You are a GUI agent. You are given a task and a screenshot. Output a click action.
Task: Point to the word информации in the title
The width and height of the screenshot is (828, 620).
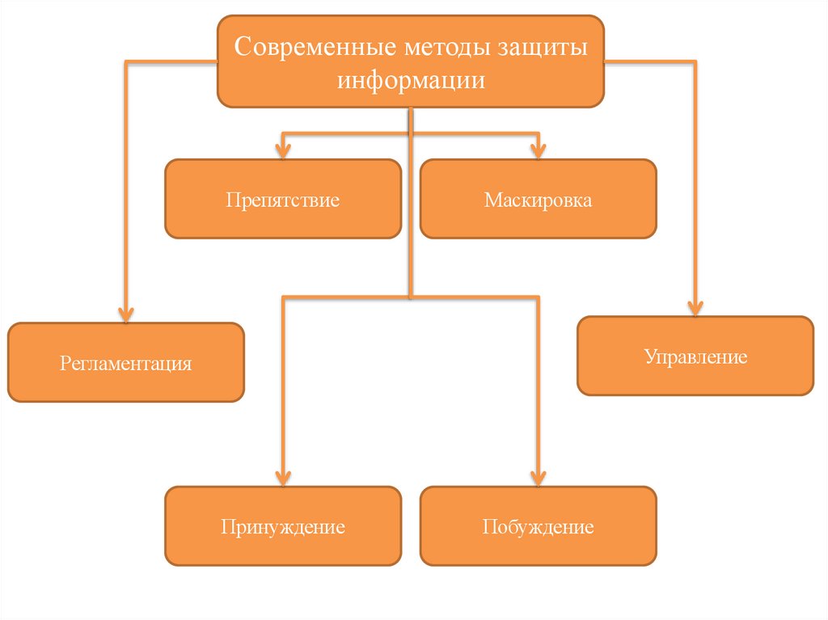[411, 81]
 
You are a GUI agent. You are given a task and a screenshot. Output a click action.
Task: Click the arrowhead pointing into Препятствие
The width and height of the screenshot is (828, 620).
[283, 150]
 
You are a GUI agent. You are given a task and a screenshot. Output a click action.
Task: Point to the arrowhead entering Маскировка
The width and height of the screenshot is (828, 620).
[538, 150]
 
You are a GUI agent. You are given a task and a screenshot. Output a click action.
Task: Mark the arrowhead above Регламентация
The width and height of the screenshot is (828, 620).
[125, 314]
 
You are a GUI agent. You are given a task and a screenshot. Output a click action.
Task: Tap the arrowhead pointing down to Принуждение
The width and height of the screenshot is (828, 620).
[283, 477]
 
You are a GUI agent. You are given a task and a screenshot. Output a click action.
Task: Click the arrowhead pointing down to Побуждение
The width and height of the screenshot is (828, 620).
[538, 477]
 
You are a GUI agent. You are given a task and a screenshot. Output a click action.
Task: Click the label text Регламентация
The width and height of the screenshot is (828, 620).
[125, 362]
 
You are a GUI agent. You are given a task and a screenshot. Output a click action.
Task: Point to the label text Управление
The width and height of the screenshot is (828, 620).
[695, 356]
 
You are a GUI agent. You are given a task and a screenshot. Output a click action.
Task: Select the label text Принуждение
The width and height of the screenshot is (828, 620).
[283, 528]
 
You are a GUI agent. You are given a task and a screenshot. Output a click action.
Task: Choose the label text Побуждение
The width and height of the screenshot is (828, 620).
[538, 528]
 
